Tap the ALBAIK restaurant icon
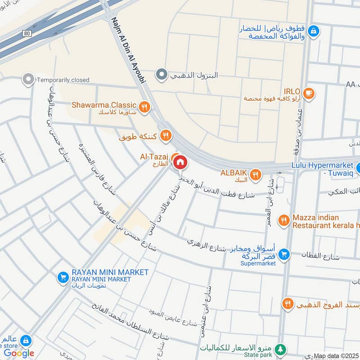[x=256, y=175]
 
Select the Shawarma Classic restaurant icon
[x=144, y=107]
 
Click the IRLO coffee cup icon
[x=308, y=93]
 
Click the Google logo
[x=19, y=353]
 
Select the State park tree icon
[x=281, y=349]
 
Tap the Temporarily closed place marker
[x=28, y=80]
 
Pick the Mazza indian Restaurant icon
[x=283, y=220]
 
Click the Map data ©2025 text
[x=335, y=356]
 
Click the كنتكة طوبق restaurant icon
[x=166, y=135]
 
